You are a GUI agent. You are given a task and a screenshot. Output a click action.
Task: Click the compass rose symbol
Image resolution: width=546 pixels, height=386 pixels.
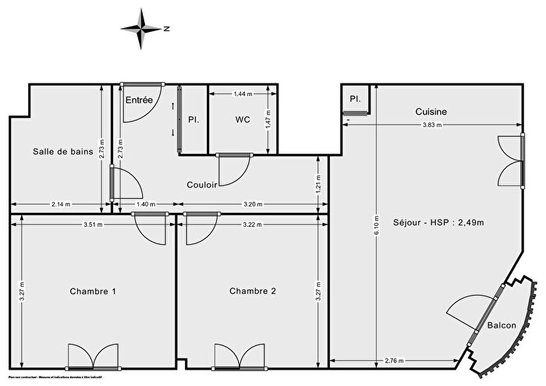[x=143, y=28]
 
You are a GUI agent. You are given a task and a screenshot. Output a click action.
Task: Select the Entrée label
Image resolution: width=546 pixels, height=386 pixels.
[x=139, y=99]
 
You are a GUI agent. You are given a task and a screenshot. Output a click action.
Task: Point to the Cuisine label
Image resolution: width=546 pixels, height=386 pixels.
[x=431, y=112]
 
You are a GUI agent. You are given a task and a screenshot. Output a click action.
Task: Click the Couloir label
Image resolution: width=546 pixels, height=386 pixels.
[x=201, y=185]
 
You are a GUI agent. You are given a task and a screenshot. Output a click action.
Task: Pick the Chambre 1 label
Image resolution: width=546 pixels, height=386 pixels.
[x=94, y=291]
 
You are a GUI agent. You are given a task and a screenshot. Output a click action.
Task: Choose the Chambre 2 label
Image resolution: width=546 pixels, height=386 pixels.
[x=253, y=291]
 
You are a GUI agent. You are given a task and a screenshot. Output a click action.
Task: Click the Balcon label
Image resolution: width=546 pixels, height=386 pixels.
[x=502, y=325]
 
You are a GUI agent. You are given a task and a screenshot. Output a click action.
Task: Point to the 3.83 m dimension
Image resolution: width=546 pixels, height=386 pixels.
[x=434, y=125]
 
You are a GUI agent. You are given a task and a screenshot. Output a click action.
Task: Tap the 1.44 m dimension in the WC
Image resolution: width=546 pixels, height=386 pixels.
[x=243, y=94]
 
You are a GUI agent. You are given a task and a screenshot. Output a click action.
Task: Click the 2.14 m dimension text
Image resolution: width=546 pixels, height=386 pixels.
[x=58, y=204]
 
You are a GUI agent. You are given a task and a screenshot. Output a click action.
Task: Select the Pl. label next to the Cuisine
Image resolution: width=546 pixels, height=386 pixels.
[x=355, y=99]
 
